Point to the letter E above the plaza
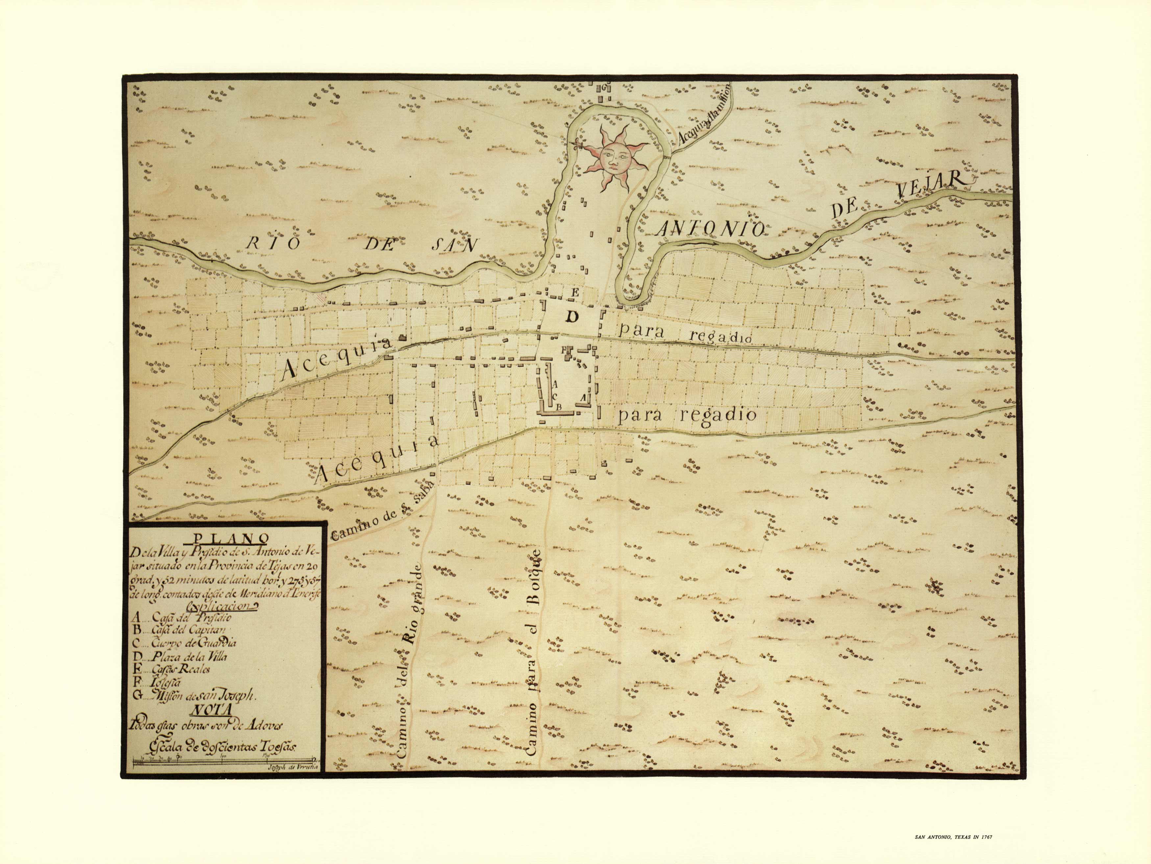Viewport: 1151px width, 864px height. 575,292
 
